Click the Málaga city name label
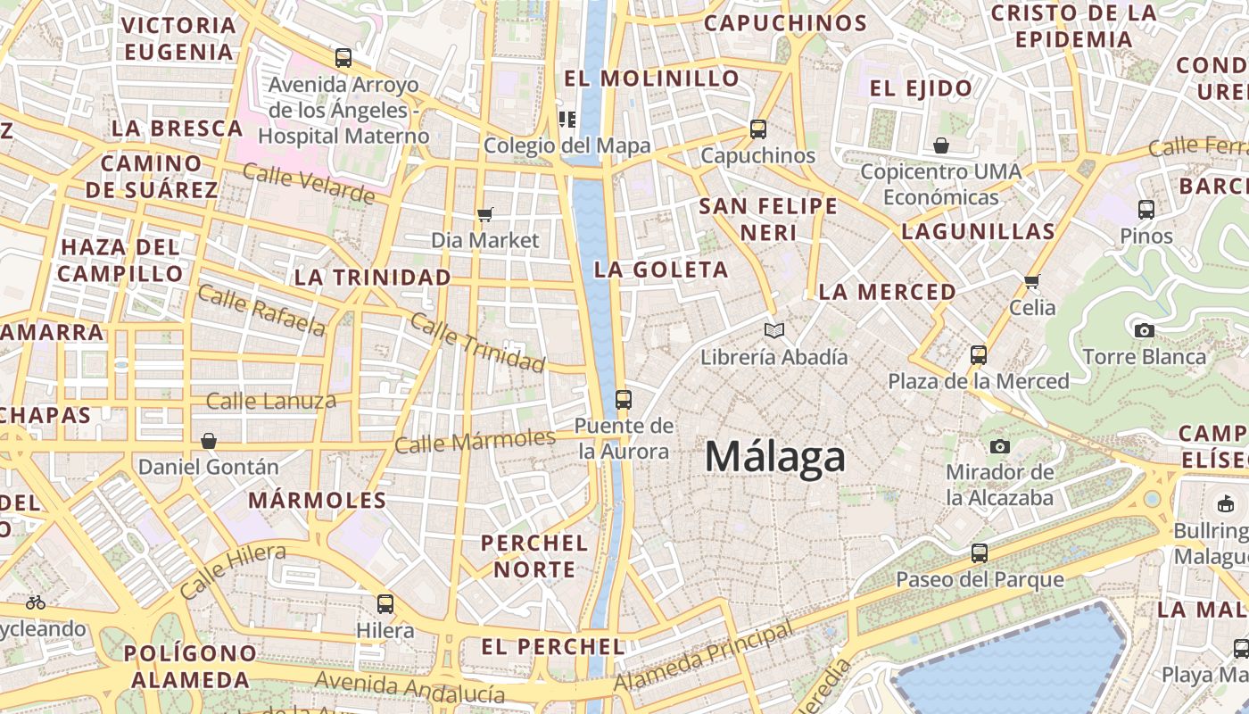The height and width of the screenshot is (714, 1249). [774, 457]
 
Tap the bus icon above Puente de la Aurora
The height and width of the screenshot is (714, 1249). [624, 400]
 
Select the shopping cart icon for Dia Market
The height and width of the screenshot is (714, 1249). [485, 214]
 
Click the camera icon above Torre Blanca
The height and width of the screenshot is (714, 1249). [1144, 330]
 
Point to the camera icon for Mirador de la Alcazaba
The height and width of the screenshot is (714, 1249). [1000, 446]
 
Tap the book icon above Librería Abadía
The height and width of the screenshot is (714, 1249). [774, 331]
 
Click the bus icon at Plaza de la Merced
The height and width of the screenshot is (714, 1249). [979, 355]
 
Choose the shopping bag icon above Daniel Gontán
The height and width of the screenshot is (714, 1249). [209, 441]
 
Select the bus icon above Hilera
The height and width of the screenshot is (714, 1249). [385, 604]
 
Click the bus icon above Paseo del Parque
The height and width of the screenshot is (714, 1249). [980, 553]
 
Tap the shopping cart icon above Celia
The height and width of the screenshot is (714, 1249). [1032, 282]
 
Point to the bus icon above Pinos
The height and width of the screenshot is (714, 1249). [1146, 210]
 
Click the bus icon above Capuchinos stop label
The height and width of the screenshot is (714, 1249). [758, 129]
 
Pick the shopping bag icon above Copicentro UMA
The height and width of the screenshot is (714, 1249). [940, 145]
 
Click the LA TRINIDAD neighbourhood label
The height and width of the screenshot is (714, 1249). [373, 278]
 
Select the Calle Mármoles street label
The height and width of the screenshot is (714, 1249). [476, 441]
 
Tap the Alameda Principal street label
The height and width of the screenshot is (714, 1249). [704, 659]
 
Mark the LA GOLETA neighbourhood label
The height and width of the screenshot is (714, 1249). [661, 270]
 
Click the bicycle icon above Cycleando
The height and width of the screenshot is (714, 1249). [36, 602]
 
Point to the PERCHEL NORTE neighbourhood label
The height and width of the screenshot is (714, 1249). [534, 555]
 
